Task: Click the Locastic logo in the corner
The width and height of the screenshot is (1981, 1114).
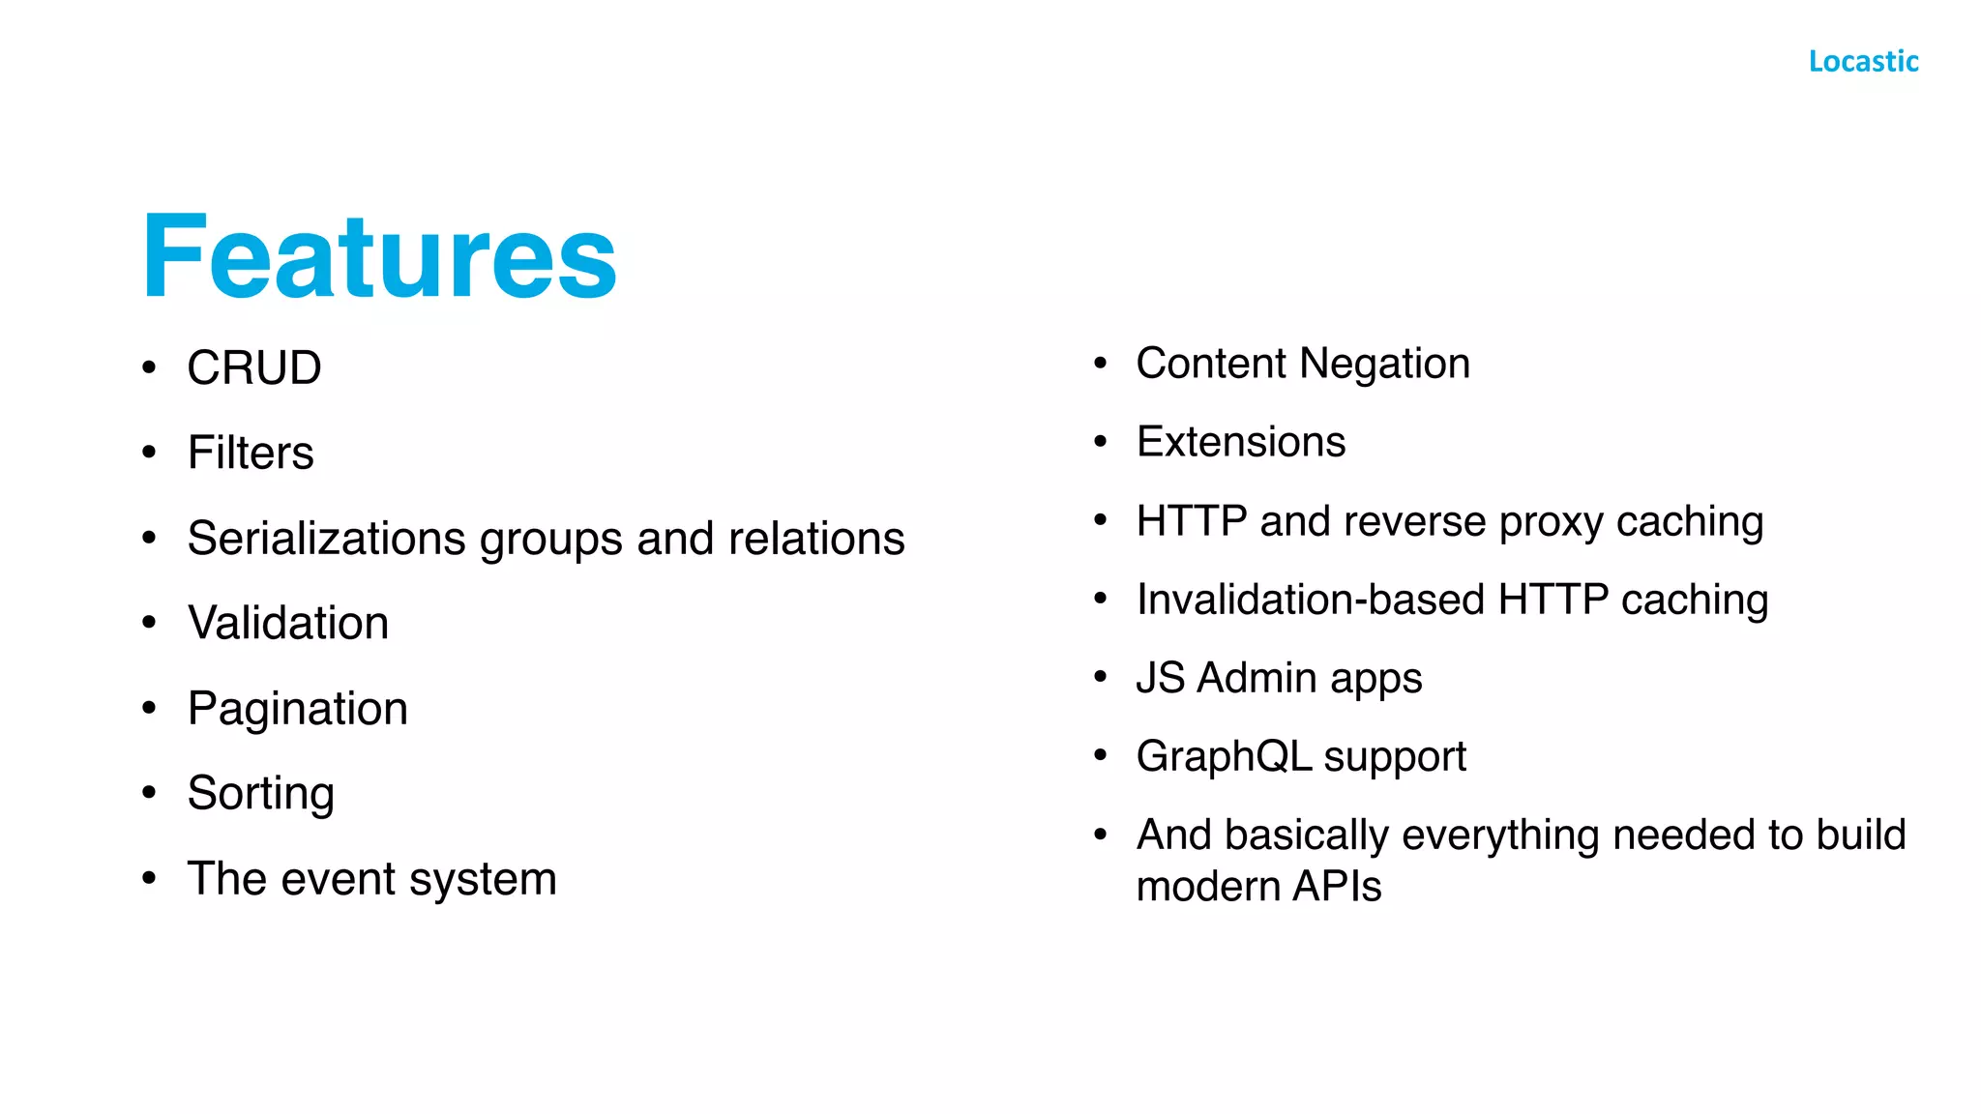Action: click(1863, 61)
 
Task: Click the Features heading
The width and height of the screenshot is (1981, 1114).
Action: click(379, 257)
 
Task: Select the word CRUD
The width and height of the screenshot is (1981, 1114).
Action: click(254, 368)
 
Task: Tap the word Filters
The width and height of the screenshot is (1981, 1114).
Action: click(251, 453)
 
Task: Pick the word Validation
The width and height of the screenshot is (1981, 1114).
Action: click(288, 623)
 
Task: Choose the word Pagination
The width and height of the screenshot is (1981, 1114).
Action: click(298, 709)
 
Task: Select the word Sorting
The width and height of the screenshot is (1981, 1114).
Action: click(261, 794)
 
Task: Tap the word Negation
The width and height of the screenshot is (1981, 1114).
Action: click(1384, 364)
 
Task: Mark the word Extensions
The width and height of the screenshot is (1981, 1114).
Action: click(1241, 442)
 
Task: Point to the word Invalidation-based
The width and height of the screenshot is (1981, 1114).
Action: click(1311, 600)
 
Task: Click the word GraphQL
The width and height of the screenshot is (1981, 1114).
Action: click(1224, 756)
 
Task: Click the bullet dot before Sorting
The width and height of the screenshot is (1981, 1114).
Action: click(149, 793)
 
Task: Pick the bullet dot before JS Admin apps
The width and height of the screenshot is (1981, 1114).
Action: click(1100, 677)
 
